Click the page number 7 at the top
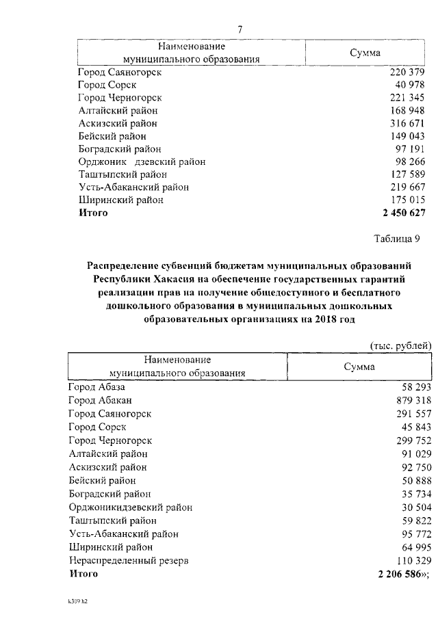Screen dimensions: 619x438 (240, 29)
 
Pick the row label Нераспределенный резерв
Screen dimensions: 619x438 (129, 560)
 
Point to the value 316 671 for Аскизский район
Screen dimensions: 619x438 (408, 124)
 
